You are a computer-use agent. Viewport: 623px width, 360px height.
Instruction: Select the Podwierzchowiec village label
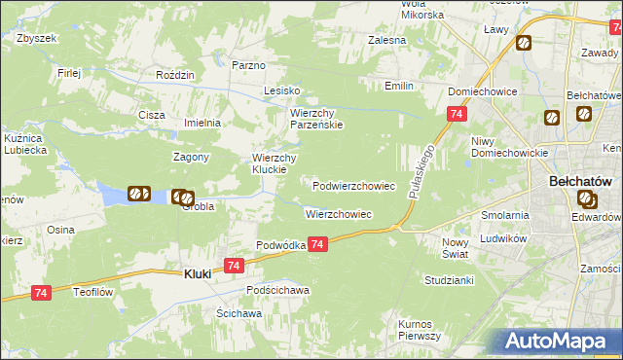[353, 186]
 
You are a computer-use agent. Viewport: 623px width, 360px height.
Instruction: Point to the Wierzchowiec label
[338, 214]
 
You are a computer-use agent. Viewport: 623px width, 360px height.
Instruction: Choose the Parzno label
[248, 65]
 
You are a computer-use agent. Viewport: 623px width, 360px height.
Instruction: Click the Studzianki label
[449, 280]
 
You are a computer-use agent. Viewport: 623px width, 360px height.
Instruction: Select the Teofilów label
[96, 290]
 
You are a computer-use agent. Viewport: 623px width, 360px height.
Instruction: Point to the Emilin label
[398, 87]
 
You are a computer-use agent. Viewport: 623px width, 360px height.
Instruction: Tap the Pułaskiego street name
[421, 170]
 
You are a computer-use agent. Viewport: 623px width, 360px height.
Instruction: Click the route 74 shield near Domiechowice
[456, 115]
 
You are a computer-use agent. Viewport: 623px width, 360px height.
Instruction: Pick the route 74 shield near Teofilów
[41, 292]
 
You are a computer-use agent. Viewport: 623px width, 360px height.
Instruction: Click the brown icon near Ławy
[524, 43]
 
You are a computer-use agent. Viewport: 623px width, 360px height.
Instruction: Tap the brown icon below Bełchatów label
[587, 200]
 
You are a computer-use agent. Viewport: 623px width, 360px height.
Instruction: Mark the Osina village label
[60, 230]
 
